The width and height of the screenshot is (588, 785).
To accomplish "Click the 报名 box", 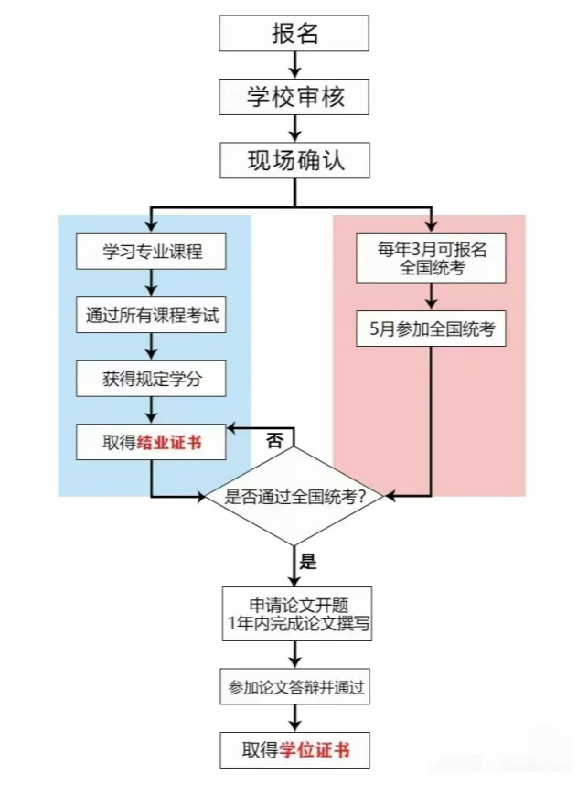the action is (x=294, y=33).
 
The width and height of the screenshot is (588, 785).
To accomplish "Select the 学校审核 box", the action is (x=294, y=97).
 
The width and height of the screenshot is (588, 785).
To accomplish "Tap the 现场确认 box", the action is (x=294, y=160).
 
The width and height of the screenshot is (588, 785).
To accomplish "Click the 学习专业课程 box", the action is (x=151, y=252).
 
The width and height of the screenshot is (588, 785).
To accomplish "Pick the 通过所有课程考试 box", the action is (x=151, y=315).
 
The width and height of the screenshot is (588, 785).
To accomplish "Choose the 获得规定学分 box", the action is (x=151, y=379).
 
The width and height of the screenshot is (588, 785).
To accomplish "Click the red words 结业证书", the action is (x=169, y=443).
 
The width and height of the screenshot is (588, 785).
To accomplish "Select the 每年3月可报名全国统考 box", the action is (x=431, y=258).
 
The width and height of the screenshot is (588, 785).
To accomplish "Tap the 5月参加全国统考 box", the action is (x=431, y=328).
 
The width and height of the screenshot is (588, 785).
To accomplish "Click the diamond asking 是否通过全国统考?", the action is (x=294, y=496).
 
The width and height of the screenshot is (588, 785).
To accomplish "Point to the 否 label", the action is (x=274, y=441).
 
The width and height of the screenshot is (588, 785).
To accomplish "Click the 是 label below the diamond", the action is (x=308, y=561).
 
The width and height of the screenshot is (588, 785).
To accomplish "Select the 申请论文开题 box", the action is (x=297, y=614).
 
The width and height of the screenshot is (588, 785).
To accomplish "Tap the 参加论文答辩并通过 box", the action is (x=294, y=686).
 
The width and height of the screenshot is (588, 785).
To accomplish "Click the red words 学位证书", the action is (x=315, y=750).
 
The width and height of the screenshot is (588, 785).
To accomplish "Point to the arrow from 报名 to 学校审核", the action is (x=294, y=65).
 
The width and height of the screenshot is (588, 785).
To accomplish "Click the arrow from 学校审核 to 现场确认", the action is (x=294, y=129).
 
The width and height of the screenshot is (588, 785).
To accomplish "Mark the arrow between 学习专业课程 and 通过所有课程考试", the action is (x=151, y=283).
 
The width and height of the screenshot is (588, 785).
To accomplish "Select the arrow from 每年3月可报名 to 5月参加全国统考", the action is (x=431, y=296).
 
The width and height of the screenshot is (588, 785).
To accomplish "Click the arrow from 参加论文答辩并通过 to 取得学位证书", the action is (x=294, y=718).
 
